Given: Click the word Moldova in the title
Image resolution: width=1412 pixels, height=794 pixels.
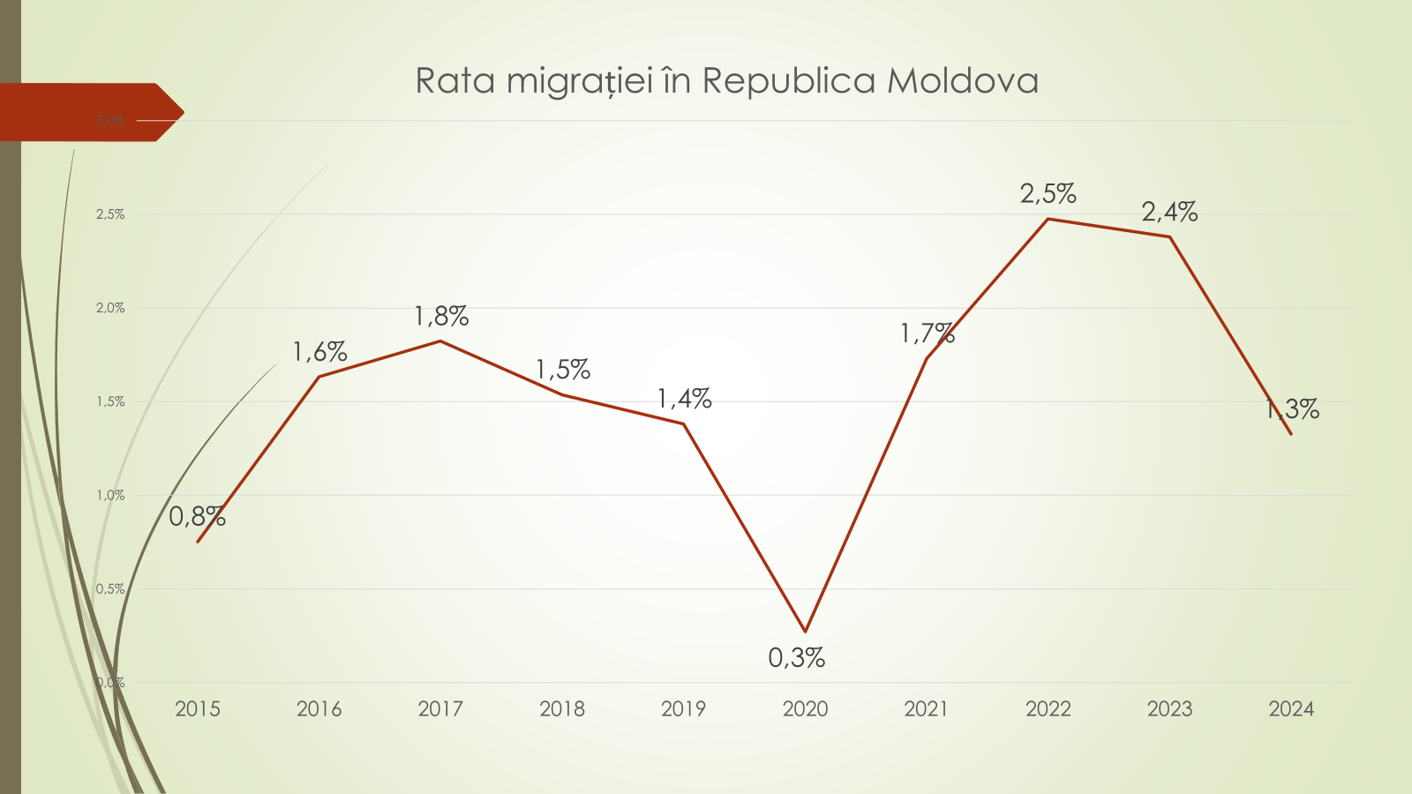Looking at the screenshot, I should [962, 81].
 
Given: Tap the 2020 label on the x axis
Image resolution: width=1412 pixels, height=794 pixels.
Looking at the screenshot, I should [805, 708].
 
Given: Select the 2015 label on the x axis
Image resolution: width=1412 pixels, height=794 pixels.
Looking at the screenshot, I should [198, 708].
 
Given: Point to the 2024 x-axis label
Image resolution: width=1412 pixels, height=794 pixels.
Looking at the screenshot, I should [1291, 708].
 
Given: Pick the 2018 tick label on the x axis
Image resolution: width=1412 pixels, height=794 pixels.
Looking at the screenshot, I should [562, 708].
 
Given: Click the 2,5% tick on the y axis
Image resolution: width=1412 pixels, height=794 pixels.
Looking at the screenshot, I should [110, 214].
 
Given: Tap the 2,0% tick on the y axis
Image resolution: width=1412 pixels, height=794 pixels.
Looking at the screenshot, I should [110, 308].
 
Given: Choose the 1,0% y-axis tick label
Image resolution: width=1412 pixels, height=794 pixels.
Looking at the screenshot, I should [110, 495].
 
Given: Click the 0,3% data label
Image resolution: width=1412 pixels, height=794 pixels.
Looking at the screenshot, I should [796, 657].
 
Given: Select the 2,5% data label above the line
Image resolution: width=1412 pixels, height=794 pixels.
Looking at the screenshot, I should [1048, 193].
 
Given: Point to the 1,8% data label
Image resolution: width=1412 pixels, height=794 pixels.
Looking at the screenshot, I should [441, 316].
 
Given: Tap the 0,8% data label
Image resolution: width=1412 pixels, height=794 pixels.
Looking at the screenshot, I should [197, 516].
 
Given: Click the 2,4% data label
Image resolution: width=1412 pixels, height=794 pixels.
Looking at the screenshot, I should [1169, 212].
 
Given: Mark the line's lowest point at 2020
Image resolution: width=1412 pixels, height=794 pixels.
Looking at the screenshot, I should [805, 632].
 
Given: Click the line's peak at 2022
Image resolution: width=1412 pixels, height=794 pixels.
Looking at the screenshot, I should [1048, 219].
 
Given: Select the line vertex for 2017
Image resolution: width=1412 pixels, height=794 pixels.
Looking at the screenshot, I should [440, 341].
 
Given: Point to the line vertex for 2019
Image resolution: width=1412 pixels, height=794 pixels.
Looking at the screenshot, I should [684, 424].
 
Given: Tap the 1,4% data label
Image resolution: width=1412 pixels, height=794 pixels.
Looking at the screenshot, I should [684, 399].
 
